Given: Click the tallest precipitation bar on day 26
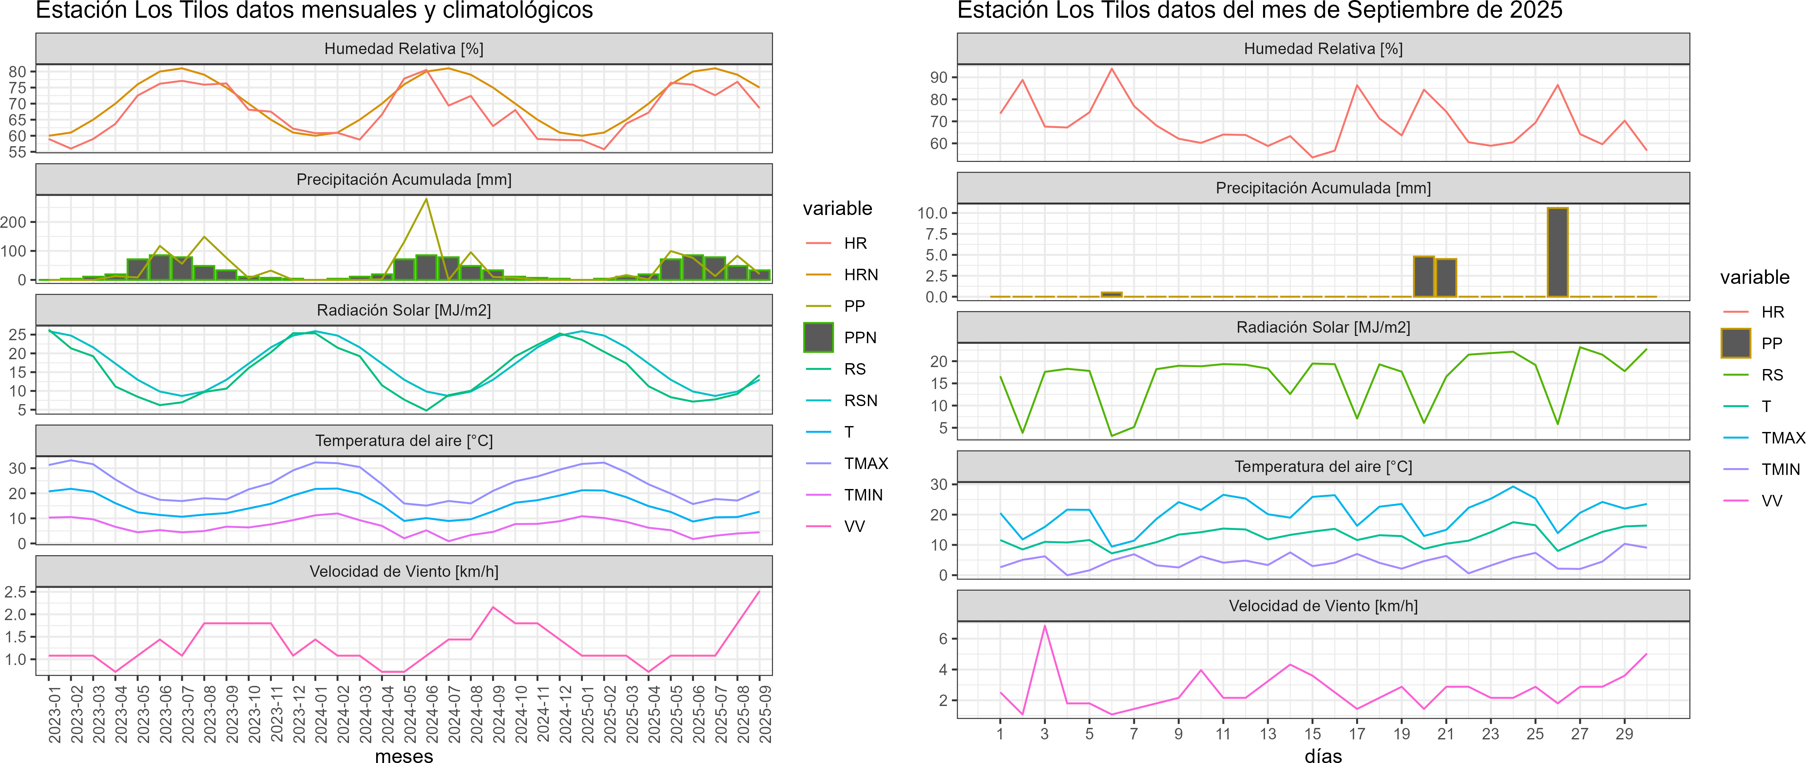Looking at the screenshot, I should tap(1557, 252).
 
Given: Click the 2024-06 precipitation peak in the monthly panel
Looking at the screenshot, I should tap(426, 200).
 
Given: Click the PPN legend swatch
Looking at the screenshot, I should tap(818, 337).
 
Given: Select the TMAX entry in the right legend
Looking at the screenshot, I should tap(1783, 438).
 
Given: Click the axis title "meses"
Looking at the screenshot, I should tap(404, 755).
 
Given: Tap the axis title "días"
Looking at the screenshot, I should tap(1323, 755).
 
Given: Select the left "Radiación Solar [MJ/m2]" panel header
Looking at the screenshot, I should tap(404, 310).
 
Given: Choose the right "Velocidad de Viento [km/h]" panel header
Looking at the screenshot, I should tap(1323, 606).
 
